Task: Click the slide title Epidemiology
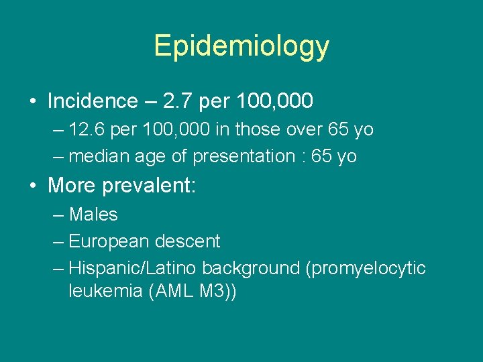pyautogui.click(x=241, y=46)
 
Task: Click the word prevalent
pyautogui.click(x=151, y=186)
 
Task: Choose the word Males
pyautogui.click(x=93, y=215)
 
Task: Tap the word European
pyautogui.click(x=109, y=241)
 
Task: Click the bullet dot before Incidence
pyautogui.click(x=33, y=102)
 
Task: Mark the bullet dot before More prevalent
pyautogui.click(x=33, y=186)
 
